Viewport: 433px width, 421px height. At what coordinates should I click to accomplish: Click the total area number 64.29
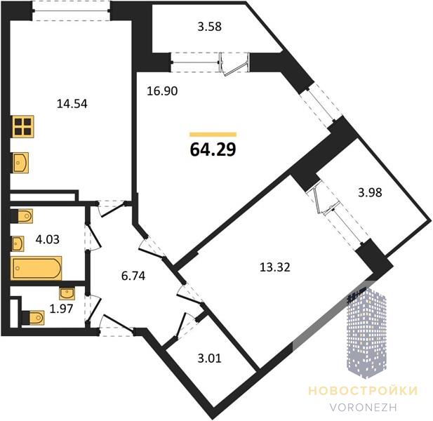click(x=213, y=149)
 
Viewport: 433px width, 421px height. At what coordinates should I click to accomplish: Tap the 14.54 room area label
click(x=72, y=104)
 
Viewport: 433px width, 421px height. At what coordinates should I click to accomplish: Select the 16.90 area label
click(x=162, y=91)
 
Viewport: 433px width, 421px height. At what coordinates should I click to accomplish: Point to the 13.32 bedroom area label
click(x=275, y=267)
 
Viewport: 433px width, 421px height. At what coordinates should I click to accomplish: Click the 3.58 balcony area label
click(x=210, y=27)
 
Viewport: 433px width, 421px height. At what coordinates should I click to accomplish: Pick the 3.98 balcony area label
click(x=370, y=192)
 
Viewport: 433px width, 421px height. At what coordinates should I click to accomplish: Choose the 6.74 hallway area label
click(x=133, y=276)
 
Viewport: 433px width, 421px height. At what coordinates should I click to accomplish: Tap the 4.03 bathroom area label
click(x=48, y=239)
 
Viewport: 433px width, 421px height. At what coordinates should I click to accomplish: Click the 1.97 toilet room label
click(x=61, y=309)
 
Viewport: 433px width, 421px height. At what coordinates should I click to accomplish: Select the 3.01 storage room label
click(x=210, y=359)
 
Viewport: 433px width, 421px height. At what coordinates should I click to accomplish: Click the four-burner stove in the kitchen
click(x=23, y=126)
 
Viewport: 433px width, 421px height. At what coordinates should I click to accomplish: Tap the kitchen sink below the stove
click(x=20, y=163)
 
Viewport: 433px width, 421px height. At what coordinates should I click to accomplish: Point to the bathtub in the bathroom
click(x=36, y=268)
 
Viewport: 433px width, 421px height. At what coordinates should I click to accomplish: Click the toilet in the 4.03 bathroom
click(x=22, y=216)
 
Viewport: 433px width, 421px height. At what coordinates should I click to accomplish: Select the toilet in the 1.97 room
click(x=33, y=317)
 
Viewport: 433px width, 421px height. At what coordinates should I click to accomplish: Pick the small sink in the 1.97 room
click(x=67, y=293)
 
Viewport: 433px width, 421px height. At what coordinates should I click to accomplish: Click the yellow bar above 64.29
click(x=213, y=135)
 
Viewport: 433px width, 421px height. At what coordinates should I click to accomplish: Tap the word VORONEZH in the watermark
click(x=363, y=408)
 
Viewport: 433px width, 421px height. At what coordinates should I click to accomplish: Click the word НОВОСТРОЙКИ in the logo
click(x=363, y=391)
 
